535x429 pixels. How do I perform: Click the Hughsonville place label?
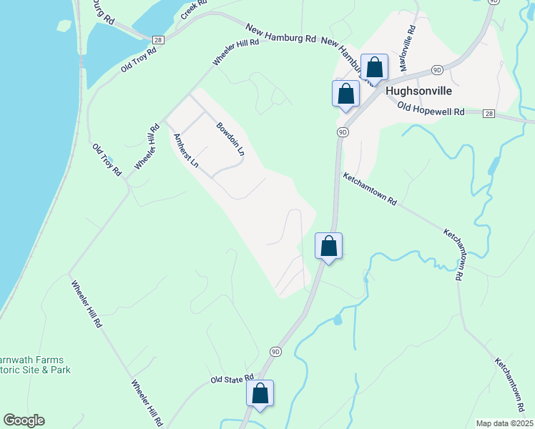(416, 92)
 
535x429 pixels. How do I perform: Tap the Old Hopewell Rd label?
(431, 112)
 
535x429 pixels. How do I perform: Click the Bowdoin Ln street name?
(230, 139)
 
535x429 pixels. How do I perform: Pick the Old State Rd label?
(232, 378)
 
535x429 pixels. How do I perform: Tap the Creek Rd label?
(192, 9)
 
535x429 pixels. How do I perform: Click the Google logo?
(24, 420)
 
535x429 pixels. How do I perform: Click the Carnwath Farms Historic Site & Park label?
(36, 365)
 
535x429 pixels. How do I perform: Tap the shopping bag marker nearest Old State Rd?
(260, 393)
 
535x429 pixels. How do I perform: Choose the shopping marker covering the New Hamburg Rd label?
(374, 68)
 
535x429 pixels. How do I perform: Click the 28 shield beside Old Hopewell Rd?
(489, 114)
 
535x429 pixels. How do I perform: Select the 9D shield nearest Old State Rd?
(276, 351)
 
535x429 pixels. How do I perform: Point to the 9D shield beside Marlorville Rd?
(438, 69)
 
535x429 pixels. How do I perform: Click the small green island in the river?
(65, 25)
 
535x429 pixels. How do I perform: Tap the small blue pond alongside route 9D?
(337, 320)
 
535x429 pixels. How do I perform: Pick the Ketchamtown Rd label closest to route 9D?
(369, 189)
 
